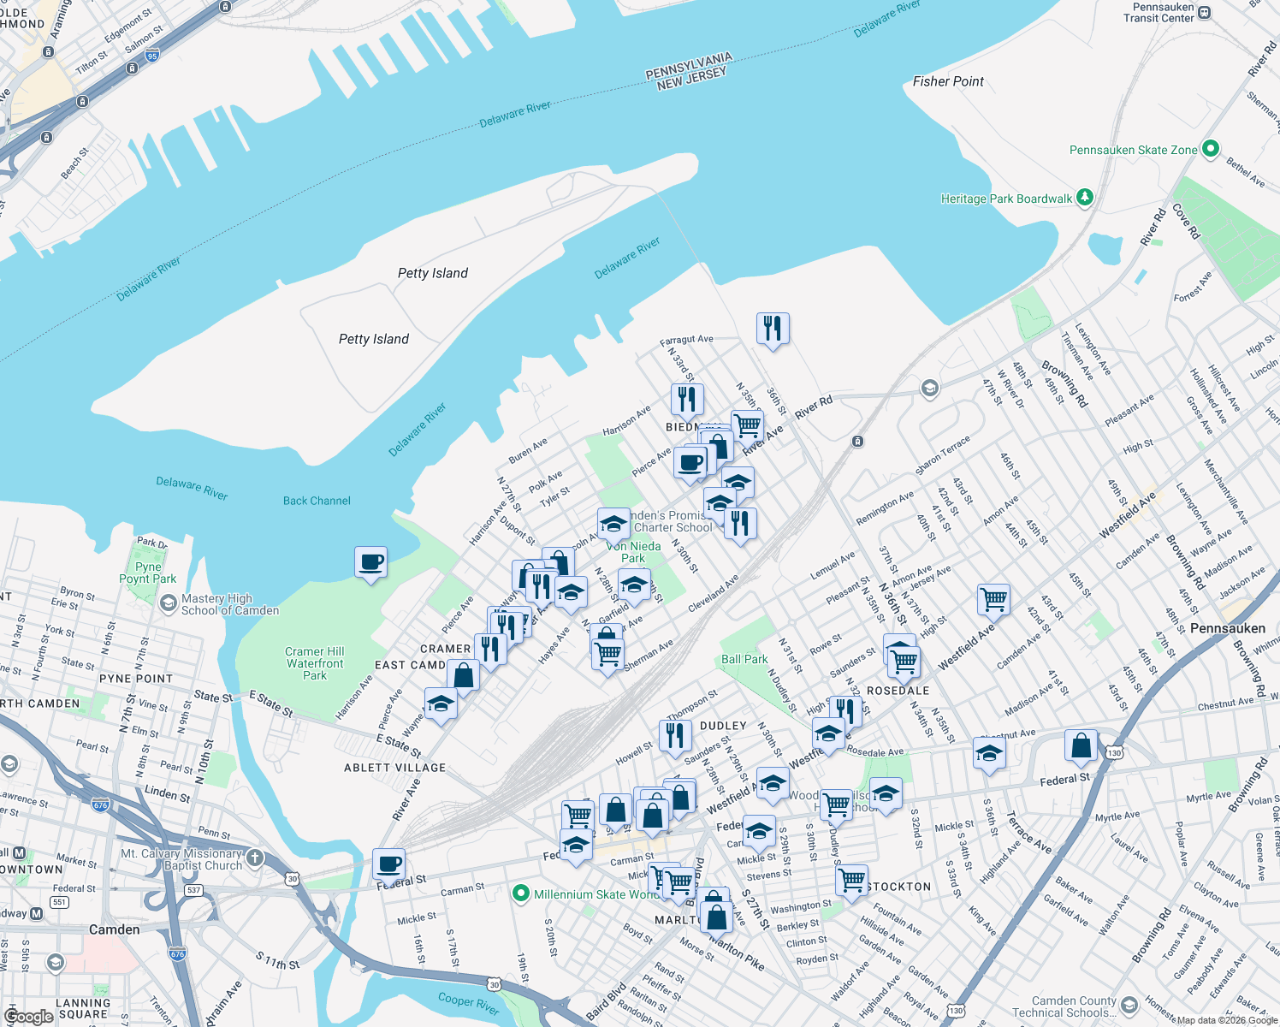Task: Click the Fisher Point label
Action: (948, 81)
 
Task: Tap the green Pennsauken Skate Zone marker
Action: (1210, 149)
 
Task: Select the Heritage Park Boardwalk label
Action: (1006, 199)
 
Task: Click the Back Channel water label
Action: (317, 501)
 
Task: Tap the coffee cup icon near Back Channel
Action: (370, 562)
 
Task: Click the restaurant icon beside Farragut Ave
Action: (773, 328)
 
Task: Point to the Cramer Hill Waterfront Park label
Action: (315, 663)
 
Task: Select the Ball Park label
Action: (744, 659)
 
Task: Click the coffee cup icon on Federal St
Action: (388, 864)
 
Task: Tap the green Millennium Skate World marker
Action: (520, 893)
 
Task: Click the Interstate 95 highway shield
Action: (152, 56)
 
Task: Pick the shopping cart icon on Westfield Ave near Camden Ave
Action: (993, 599)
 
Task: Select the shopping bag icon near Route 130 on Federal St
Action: (1081, 745)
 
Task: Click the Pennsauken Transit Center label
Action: (1159, 12)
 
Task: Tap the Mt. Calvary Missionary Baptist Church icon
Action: (255, 858)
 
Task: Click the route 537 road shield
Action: (193, 890)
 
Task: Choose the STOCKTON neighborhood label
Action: (899, 887)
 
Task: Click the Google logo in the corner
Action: (28, 1017)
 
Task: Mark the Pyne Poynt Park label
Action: (148, 573)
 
